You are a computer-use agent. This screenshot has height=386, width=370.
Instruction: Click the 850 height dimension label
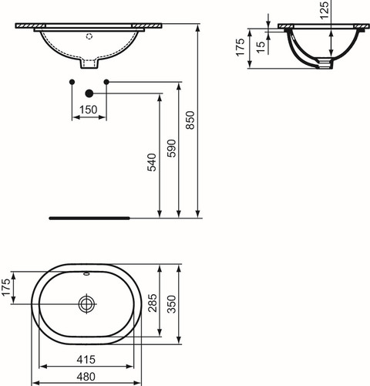(190, 120)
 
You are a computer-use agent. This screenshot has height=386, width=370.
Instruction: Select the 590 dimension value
(172, 148)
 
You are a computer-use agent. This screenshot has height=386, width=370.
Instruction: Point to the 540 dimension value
(152, 162)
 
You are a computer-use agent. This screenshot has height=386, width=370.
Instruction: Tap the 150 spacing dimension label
(89, 110)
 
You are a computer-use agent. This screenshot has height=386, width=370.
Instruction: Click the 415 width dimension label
(86, 360)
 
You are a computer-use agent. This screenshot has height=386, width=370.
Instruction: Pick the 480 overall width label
(86, 377)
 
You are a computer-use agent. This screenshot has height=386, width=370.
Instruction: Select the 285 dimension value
(153, 303)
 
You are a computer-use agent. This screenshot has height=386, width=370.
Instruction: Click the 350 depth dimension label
(172, 304)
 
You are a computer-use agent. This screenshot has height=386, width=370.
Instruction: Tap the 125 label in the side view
(325, 10)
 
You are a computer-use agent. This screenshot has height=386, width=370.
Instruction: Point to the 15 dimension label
(261, 47)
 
